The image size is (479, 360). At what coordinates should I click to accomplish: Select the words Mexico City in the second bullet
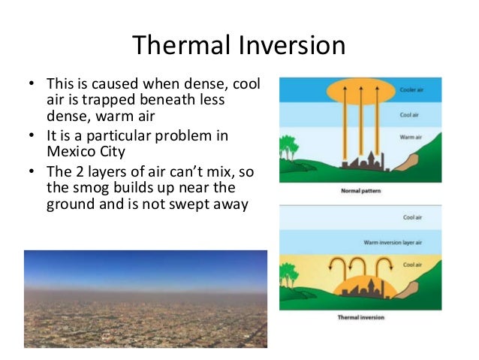(81, 150)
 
